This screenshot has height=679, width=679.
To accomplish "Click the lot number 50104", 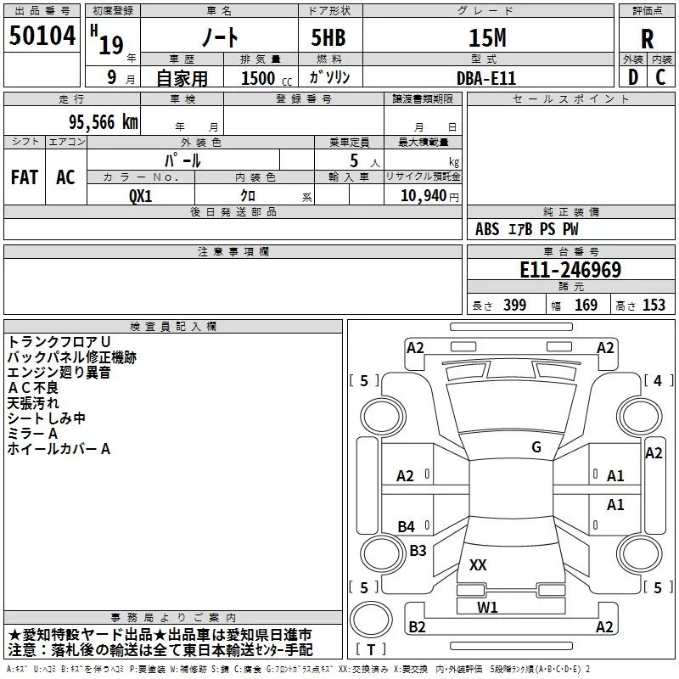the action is (42, 36).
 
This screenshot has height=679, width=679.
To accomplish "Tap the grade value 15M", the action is (487, 37).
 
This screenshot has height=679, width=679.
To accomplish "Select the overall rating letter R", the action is (647, 39).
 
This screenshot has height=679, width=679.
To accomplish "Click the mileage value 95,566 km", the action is (103, 122).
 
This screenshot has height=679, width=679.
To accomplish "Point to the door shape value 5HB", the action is (328, 37).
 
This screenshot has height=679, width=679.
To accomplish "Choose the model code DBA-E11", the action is (486, 78).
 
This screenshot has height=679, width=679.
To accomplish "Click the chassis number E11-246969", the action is (570, 270).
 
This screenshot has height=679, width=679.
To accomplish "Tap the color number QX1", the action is (141, 196).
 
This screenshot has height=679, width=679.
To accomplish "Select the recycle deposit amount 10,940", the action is (424, 196).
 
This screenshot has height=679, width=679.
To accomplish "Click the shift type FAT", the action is (25, 177).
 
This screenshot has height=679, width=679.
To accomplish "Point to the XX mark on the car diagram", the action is (478, 564).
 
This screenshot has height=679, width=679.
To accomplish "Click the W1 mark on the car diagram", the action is (487, 607).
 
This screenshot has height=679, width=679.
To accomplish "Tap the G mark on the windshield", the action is (536, 447).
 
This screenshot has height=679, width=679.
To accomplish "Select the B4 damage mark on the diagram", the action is (406, 526).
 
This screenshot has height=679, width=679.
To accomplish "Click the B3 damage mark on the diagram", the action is (418, 550).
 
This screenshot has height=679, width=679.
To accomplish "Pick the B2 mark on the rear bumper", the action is (417, 626).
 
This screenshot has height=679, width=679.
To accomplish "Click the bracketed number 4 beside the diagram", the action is (658, 380).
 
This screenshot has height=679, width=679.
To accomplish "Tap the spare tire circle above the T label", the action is (371, 620).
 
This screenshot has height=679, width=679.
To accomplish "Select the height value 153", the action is (654, 306).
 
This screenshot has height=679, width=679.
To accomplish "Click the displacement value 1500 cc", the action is (267, 78).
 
